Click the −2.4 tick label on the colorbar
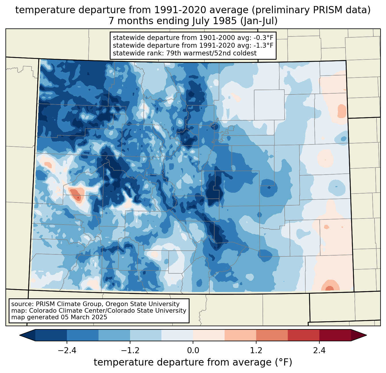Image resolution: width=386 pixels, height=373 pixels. [67, 351]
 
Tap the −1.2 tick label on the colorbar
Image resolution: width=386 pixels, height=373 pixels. [130, 351]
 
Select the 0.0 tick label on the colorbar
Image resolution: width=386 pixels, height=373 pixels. [193, 351]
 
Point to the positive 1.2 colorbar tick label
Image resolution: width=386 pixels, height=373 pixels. [256, 351]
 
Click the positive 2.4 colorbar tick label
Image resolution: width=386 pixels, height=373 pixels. [319, 351]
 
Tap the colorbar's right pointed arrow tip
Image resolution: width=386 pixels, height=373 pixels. [366, 335]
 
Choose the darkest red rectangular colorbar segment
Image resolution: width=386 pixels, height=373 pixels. [335, 335]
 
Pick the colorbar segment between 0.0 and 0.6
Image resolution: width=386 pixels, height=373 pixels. [209, 335]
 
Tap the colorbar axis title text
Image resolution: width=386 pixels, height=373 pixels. [193, 362]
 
